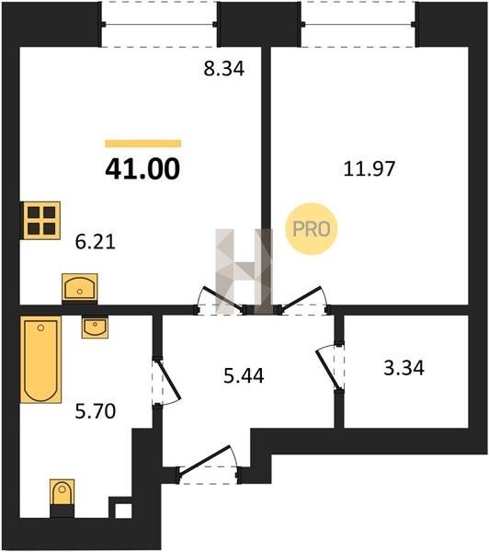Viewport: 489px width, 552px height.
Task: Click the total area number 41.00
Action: coord(142,169)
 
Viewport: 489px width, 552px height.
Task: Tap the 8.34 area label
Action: coord(223,69)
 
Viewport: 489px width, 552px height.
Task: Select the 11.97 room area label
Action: coord(369,168)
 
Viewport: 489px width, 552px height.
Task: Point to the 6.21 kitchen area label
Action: coord(96,242)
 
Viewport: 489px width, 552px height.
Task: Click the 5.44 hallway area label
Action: coord(244,375)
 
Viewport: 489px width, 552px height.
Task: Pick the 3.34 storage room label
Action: coord(404,368)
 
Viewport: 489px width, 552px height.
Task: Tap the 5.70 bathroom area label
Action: coord(96,411)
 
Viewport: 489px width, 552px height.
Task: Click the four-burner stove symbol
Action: coord(41,221)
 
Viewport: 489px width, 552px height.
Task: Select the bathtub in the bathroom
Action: coord(40,360)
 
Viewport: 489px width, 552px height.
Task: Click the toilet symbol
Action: coord(62,498)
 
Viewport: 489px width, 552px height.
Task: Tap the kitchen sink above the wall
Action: coord(79,287)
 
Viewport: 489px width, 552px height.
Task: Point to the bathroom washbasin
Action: coord(95,327)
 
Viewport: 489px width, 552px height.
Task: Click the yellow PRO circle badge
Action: coord(311,229)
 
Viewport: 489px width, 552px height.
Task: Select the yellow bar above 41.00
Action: coord(142,144)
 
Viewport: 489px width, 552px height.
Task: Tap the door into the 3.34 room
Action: coord(331,366)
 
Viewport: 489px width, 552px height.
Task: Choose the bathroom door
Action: coord(166,382)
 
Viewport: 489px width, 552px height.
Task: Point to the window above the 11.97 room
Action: coord(358,24)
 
